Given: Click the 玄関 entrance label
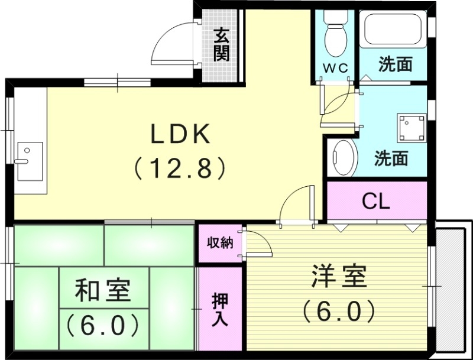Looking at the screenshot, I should [x=222, y=46].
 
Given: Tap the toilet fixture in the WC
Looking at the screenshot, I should [x=335, y=33].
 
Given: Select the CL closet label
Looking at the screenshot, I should [x=376, y=202].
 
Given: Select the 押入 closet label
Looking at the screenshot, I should [x=219, y=310].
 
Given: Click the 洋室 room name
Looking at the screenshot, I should [x=339, y=275].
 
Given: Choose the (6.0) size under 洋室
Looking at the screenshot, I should [x=339, y=309].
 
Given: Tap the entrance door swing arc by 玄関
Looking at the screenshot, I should [x=171, y=44].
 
